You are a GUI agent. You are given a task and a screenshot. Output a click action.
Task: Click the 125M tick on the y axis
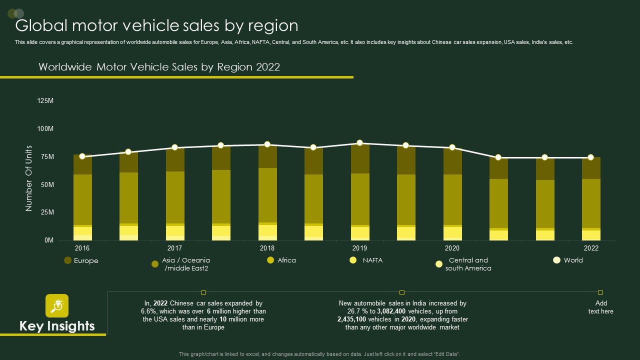[45, 101]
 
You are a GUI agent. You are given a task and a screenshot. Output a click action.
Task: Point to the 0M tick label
[48, 240]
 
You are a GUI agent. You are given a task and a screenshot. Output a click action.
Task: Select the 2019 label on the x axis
[359, 248]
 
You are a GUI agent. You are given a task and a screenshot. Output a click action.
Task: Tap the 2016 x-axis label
[82, 248]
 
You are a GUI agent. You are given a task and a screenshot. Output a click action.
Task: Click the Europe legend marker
[67, 260]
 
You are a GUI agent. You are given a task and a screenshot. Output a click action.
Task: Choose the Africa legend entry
[286, 260]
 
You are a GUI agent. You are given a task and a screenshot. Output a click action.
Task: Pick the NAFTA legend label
[372, 260]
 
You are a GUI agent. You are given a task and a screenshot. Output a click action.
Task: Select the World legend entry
[573, 260]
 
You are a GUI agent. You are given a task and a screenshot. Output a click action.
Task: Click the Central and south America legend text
[468, 264]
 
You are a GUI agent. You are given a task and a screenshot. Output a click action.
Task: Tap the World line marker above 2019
[360, 143]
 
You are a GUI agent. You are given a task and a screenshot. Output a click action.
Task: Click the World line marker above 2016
[82, 156]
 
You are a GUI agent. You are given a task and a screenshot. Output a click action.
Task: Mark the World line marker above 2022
[590, 157]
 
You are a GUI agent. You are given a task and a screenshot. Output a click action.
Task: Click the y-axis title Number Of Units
[29, 178]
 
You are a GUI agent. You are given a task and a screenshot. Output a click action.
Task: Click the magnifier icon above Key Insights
[57, 305]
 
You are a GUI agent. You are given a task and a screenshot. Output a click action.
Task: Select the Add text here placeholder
[600, 307]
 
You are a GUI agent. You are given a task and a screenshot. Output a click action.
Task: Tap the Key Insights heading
[57, 326]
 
